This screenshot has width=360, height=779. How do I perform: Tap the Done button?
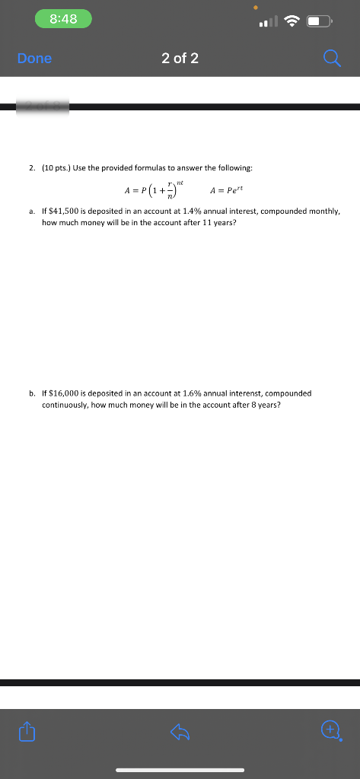[35, 59]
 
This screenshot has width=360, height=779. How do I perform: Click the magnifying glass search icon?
[332, 59]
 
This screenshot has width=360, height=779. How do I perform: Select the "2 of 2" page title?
[180, 59]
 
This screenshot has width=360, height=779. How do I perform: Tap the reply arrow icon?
[180, 732]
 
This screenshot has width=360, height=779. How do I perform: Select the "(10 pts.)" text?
[58, 167]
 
